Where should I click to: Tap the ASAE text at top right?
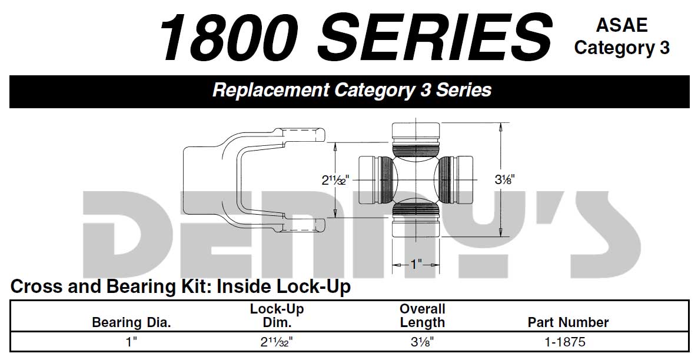(621, 25)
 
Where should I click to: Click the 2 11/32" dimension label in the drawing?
(335, 181)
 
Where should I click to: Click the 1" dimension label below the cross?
(416, 264)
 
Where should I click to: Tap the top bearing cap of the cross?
(416, 130)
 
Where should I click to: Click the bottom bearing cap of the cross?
(416, 227)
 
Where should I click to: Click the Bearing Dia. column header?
(131, 322)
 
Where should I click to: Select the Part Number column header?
(568, 322)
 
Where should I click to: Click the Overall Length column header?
(422, 315)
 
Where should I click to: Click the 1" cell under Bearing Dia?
(131, 341)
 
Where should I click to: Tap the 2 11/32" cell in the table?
(276, 341)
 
